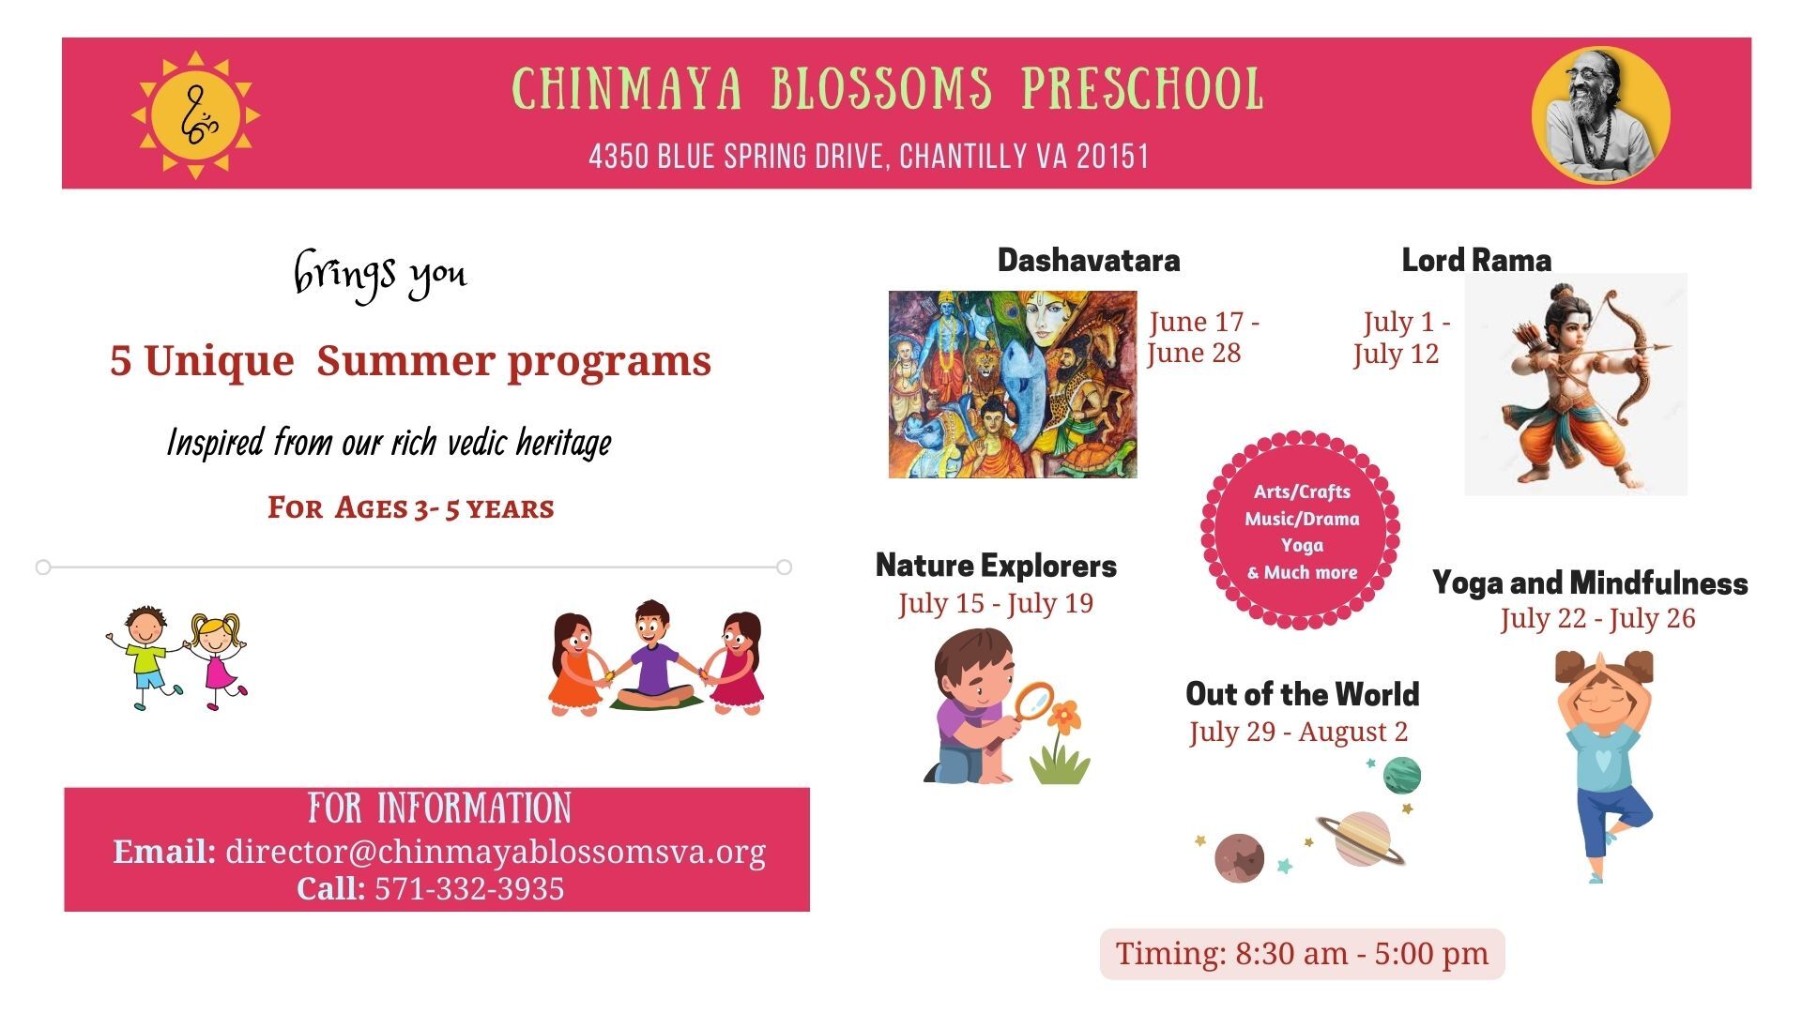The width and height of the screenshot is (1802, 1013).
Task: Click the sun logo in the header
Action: click(195, 115)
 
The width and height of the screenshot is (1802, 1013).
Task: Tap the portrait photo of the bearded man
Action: click(1600, 115)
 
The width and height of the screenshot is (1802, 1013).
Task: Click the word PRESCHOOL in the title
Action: click(1142, 89)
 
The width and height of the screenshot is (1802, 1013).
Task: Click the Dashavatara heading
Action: click(1089, 260)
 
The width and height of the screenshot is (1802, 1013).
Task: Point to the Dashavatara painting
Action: click(1013, 384)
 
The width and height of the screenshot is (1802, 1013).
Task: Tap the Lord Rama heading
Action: click(1476, 260)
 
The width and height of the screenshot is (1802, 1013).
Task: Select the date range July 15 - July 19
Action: click(996, 603)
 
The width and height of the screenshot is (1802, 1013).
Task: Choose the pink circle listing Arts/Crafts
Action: click(1301, 531)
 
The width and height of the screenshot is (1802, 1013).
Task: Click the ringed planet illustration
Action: click(1362, 839)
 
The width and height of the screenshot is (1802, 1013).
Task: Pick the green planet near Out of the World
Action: click(1401, 776)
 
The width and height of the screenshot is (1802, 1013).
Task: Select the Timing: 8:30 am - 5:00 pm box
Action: click(1302, 954)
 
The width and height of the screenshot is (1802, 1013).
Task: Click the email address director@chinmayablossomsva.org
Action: click(496, 852)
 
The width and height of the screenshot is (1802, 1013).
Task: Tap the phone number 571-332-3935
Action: click(469, 888)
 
